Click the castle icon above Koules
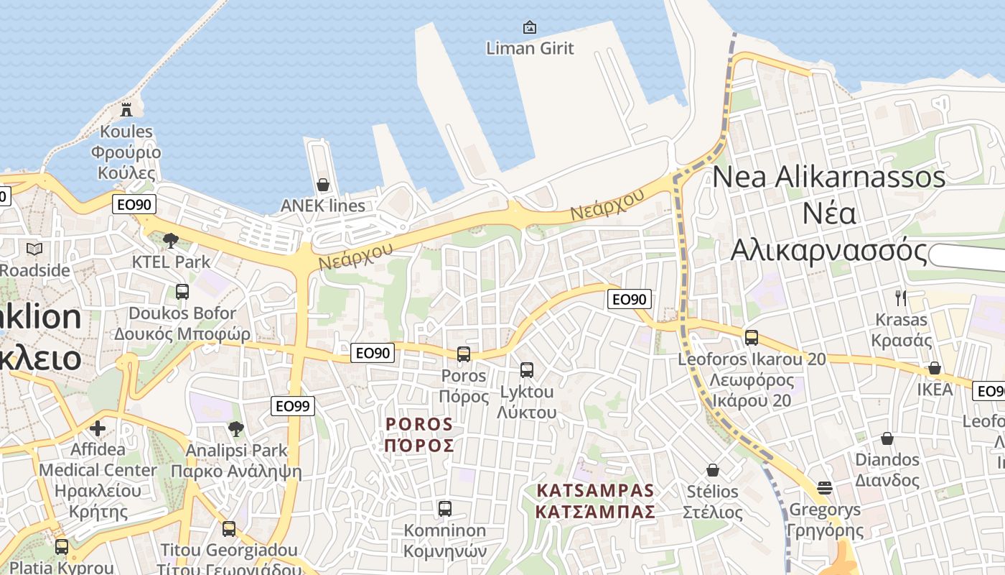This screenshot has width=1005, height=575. [126, 109]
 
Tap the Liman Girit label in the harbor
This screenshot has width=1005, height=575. [530, 48]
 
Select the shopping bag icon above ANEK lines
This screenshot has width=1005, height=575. [323, 185]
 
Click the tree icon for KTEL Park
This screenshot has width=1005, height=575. [171, 241]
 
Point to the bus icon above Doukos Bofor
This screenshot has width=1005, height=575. [182, 292]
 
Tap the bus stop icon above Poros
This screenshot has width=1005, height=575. [464, 354]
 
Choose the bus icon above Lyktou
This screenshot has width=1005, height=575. [527, 370]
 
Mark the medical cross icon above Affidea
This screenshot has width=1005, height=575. [98, 429]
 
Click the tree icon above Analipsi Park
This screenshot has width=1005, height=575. [235, 430]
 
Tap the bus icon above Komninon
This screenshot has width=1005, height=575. [445, 509]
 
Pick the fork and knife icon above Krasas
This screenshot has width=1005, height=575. [901, 298]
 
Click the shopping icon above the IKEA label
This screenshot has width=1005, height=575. [935, 368]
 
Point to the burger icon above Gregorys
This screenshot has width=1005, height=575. [824, 488]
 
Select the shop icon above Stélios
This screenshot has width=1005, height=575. [713, 470]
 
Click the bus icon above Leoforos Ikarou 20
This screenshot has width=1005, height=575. [752, 337]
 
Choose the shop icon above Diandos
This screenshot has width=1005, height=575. [887, 438]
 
